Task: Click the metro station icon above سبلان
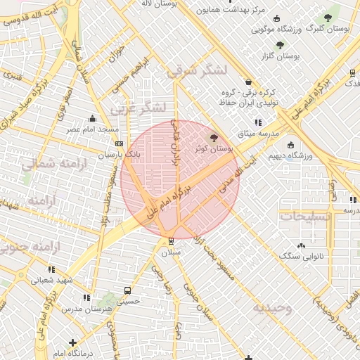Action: click(172, 241)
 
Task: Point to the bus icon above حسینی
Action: click(127, 290)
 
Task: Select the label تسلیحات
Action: click(305, 217)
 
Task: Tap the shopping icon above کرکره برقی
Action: click(247, 82)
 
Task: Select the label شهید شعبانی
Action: click(50, 279)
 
